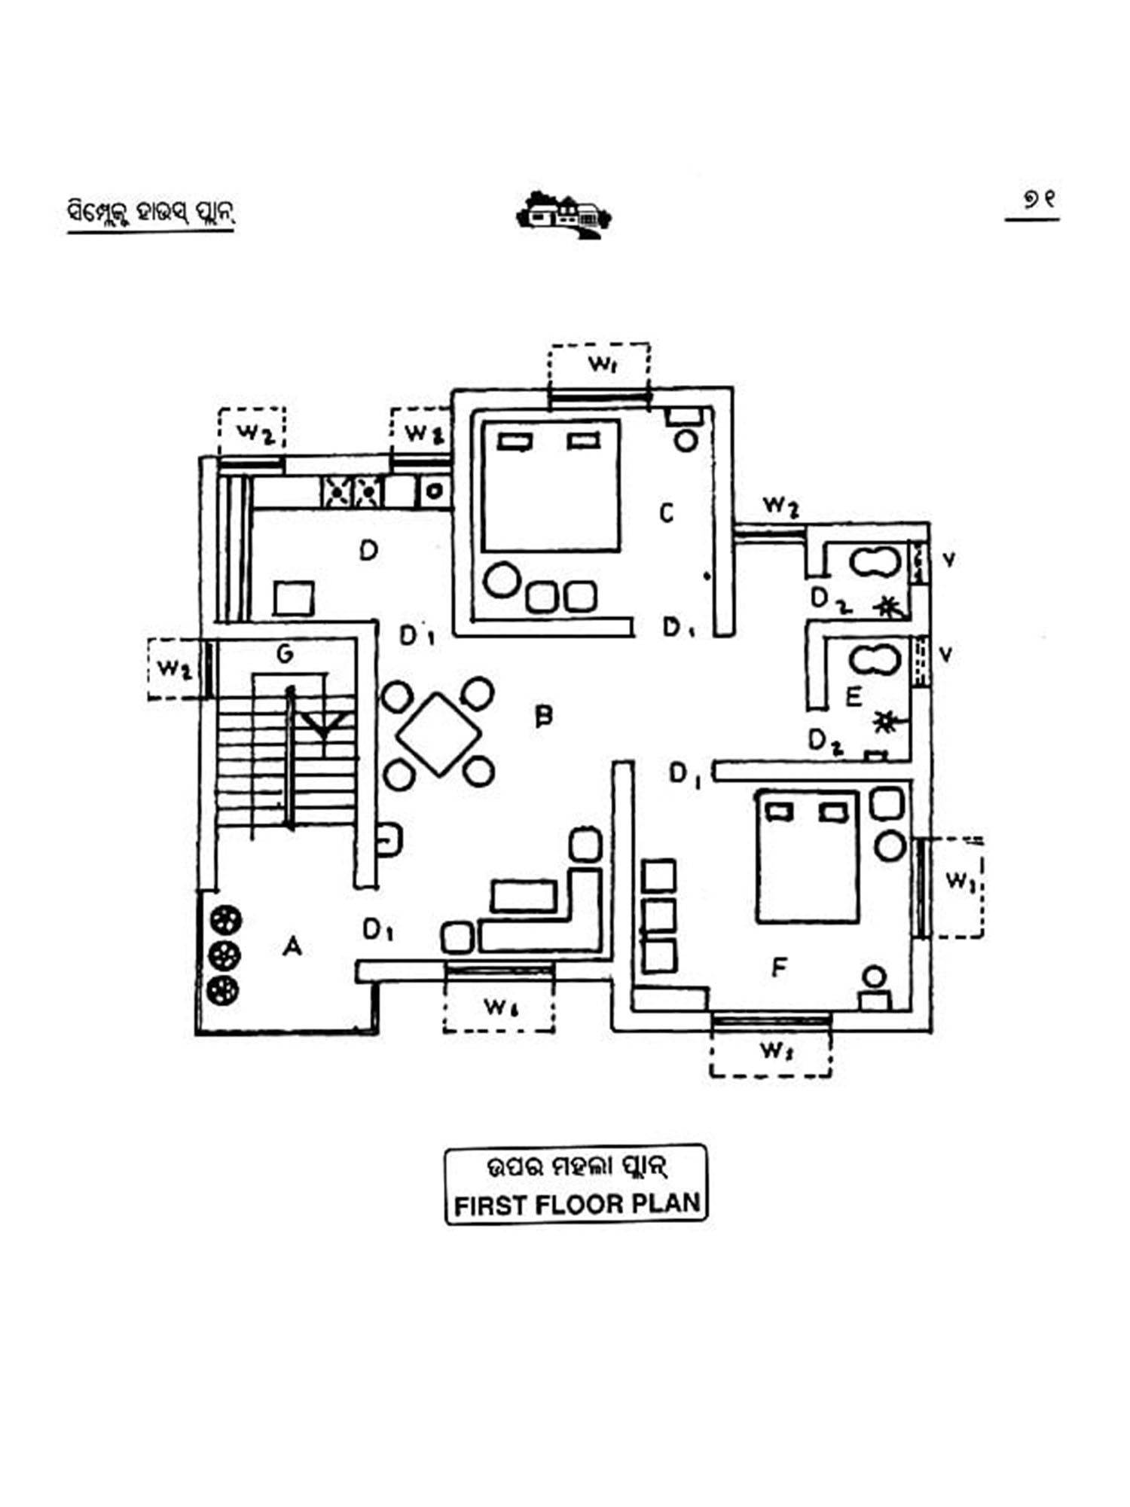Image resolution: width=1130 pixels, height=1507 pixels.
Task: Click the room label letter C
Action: click(667, 513)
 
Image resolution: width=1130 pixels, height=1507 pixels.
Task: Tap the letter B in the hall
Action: click(543, 715)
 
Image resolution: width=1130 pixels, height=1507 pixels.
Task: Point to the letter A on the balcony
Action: click(292, 946)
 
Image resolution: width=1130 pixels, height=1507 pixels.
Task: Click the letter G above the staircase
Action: click(285, 653)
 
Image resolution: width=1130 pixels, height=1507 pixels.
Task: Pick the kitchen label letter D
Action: click(368, 551)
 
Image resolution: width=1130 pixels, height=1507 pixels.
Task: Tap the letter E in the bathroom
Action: click(854, 696)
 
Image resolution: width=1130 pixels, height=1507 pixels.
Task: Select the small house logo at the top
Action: click(563, 215)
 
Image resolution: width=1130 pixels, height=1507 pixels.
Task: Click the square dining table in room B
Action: click(438, 733)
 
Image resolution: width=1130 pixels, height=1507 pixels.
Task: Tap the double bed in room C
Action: click(552, 486)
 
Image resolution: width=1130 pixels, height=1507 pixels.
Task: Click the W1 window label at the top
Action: click(602, 365)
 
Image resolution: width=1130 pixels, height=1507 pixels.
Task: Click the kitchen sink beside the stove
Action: click(434, 491)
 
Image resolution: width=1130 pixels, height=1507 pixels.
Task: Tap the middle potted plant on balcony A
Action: click(223, 955)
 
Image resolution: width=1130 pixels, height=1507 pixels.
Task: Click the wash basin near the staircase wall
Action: click(389, 839)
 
